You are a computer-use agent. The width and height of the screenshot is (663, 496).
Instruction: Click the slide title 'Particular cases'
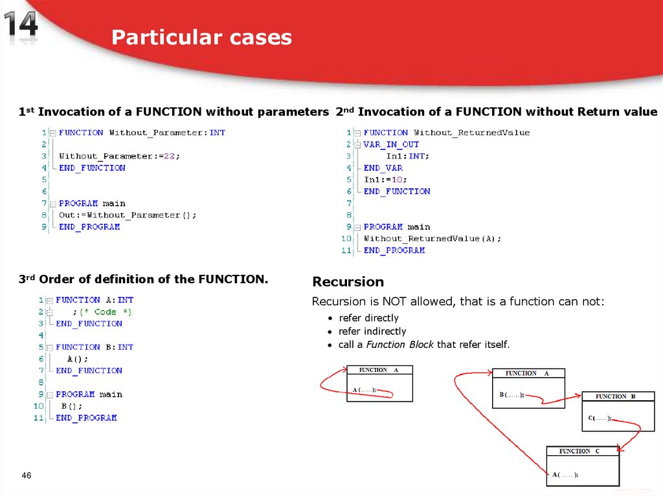(x=201, y=38)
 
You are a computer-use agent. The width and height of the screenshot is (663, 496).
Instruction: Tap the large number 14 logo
(x=21, y=28)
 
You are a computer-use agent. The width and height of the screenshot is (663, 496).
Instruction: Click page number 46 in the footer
(x=27, y=476)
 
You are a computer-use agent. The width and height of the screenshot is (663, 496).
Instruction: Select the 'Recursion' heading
(x=348, y=282)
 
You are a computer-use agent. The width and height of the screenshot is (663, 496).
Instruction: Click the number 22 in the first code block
(x=170, y=156)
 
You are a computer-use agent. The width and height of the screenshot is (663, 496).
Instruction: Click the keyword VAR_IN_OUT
(x=391, y=144)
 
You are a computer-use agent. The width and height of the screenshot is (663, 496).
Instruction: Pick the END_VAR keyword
(x=383, y=168)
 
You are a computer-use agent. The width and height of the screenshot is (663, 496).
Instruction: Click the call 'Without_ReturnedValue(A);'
(x=433, y=239)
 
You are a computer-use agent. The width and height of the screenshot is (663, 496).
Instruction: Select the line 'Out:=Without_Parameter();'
(x=128, y=215)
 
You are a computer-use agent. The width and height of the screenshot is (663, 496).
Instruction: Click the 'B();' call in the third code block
(x=72, y=406)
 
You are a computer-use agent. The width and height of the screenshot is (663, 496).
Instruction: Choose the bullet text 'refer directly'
(x=368, y=318)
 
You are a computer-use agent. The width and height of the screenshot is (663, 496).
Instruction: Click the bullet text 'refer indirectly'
(x=372, y=331)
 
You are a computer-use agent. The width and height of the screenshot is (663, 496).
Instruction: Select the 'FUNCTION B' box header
(x=615, y=396)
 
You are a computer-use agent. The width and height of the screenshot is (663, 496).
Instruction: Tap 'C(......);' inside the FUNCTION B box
(x=600, y=418)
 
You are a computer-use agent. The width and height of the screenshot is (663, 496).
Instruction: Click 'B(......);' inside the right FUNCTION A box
(x=511, y=394)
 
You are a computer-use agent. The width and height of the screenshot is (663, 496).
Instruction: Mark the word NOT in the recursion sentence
(x=394, y=302)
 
